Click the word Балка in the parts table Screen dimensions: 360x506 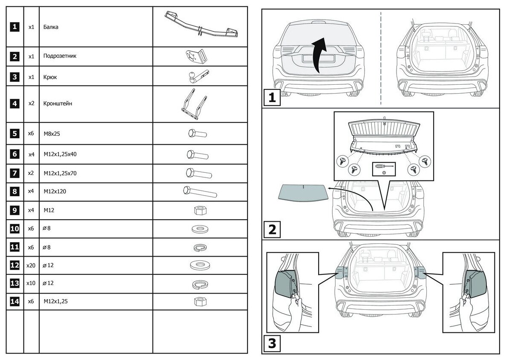[x=51, y=27]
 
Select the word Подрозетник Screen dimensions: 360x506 [x=60, y=56]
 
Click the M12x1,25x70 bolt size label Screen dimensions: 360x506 [x=60, y=173]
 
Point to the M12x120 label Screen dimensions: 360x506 [x=55, y=191]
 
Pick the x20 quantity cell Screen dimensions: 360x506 [x=31, y=265]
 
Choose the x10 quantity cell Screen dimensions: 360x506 [x=31, y=283]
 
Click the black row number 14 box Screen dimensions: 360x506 [x=14, y=301]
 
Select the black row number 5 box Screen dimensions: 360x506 [x=14, y=134]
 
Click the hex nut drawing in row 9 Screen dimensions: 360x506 [x=198, y=210]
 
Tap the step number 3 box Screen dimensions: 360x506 [x=272, y=344]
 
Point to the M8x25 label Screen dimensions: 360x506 [x=52, y=134]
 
